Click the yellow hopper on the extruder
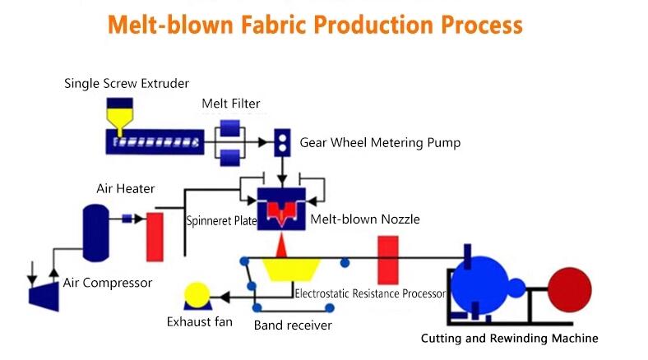[x=120, y=117]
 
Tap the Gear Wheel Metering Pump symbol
[x=282, y=142]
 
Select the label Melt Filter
[x=231, y=104]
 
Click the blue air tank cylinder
[x=96, y=233]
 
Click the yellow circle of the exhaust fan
[x=197, y=295]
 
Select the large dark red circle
[x=570, y=290]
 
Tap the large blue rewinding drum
[x=479, y=285]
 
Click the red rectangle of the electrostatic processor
[x=388, y=260]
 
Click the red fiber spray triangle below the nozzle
[x=281, y=245]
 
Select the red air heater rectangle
[x=155, y=237]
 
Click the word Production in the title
[x=373, y=25]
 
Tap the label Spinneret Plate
[x=221, y=221]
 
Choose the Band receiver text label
[x=293, y=325]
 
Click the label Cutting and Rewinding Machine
[x=510, y=338]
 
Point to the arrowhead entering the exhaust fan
[x=224, y=297]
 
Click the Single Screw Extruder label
[x=127, y=83]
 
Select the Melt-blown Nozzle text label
[x=365, y=219]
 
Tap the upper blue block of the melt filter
[x=229, y=128]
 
